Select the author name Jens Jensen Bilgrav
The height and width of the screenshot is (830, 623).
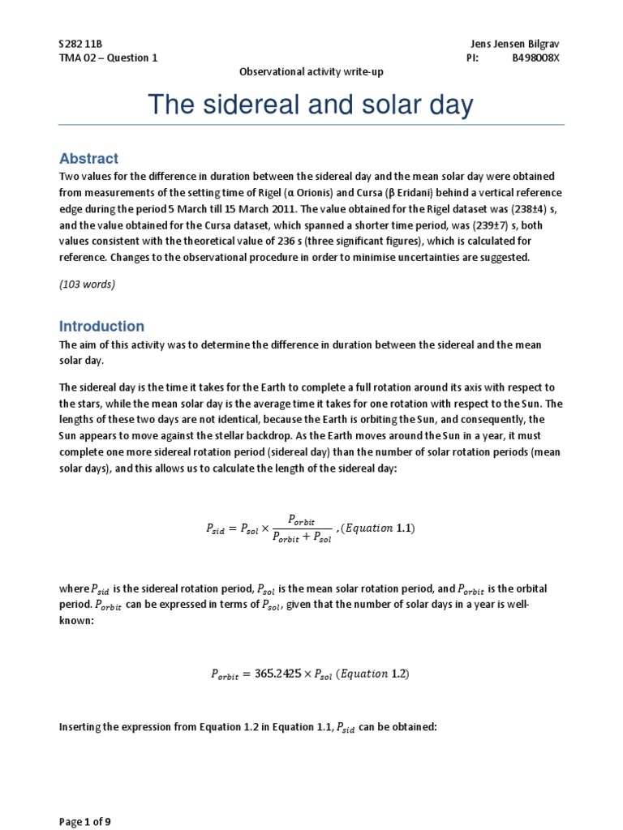pos(515,42)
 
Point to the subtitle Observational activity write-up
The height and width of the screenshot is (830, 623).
pos(311,72)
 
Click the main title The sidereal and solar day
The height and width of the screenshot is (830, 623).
pos(311,105)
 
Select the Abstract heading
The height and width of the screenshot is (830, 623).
pos(88,159)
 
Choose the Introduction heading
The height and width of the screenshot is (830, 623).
pos(101,326)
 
